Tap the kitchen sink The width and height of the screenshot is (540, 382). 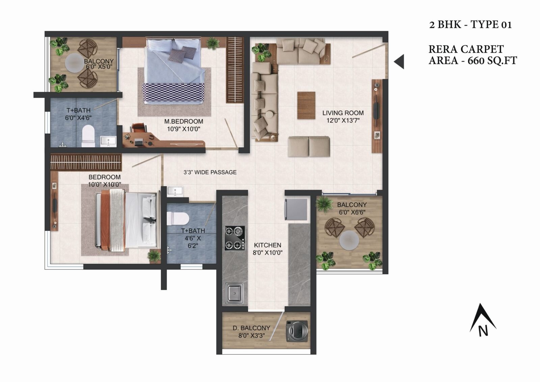point(234,292)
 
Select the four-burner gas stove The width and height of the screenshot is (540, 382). point(235,238)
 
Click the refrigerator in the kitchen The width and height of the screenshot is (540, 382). point(296,209)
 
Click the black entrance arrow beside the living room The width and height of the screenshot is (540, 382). point(399,61)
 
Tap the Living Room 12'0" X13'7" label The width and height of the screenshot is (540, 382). point(343,117)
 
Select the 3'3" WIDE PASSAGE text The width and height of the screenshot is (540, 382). point(210,172)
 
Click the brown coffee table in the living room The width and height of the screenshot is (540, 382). point(306,105)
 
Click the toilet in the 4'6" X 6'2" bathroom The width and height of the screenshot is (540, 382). point(178,219)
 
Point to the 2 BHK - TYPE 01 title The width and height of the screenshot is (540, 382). point(470,25)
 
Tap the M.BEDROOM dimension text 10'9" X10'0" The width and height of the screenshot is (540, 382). point(184,129)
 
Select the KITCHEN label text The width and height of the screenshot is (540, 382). point(267,245)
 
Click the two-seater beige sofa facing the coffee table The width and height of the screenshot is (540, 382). point(309,146)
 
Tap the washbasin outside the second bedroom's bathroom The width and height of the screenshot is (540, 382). point(175,191)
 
